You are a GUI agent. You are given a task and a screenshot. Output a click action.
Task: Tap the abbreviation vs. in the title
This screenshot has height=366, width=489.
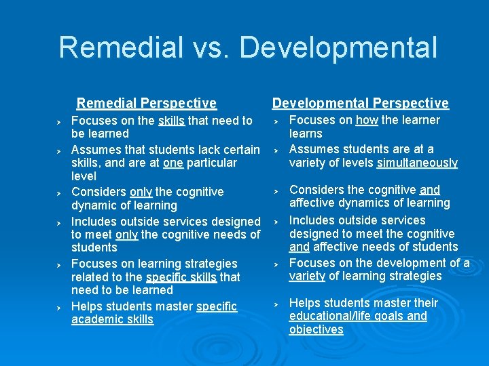[x=206, y=48]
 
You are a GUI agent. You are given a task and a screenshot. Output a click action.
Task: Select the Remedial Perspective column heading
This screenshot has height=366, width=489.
[x=147, y=103]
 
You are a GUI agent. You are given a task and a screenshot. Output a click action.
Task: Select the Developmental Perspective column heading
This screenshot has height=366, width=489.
[x=361, y=103]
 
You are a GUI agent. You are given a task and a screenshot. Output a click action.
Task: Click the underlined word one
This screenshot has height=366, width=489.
[x=173, y=163]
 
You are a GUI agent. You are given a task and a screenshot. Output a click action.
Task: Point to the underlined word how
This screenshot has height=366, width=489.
[x=367, y=120]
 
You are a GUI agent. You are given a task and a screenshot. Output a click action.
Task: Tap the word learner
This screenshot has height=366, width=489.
[x=418, y=120]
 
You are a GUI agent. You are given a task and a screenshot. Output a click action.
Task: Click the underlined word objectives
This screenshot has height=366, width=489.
[x=316, y=329]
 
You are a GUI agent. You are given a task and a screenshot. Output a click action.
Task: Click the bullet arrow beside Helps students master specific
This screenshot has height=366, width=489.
[x=59, y=307]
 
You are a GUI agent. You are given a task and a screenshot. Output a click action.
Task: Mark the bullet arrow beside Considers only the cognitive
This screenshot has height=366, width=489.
[x=59, y=192]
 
